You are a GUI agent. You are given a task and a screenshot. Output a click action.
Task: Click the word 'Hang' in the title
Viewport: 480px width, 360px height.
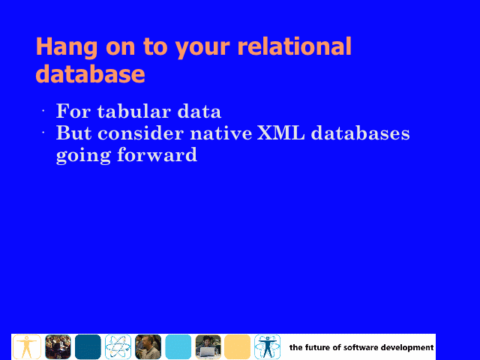tap(67, 46)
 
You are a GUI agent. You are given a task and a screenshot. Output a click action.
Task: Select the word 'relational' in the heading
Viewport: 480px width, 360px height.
tap(294, 46)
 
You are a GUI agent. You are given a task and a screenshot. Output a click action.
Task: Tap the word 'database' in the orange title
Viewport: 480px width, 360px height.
tap(90, 73)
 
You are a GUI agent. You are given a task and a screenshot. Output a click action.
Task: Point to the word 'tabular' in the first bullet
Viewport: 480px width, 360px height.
tap(133, 111)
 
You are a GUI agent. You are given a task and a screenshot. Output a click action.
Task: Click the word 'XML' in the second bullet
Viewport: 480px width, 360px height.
tap(280, 133)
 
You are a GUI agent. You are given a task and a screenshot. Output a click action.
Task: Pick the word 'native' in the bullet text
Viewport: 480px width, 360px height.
tap(220, 133)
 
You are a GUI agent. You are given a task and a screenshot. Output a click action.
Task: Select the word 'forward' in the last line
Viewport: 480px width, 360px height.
tap(157, 154)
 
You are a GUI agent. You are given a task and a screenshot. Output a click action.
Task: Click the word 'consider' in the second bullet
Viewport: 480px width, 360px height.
tap(141, 133)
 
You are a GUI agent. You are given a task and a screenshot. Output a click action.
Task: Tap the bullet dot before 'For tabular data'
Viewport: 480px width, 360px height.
tap(43, 111)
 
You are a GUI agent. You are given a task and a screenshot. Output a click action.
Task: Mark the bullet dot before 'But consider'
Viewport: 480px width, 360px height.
tap(43, 133)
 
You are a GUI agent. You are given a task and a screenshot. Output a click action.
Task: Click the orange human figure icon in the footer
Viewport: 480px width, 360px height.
tap(27, 346)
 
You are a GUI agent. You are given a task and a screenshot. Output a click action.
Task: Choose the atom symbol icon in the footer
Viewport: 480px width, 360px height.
tap(118, 346)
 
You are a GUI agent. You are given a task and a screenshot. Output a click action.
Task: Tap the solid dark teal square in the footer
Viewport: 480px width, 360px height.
tap(88, 346)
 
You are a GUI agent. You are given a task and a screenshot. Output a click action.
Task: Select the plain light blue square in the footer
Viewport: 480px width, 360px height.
tap(178, 346)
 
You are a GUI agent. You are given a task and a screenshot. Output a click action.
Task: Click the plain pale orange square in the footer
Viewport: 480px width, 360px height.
tap(237, 346)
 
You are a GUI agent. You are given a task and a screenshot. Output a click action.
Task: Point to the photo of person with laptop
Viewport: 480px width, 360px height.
tap(208, 346)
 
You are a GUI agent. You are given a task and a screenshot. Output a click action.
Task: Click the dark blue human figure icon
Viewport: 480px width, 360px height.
tap(267, 346)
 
